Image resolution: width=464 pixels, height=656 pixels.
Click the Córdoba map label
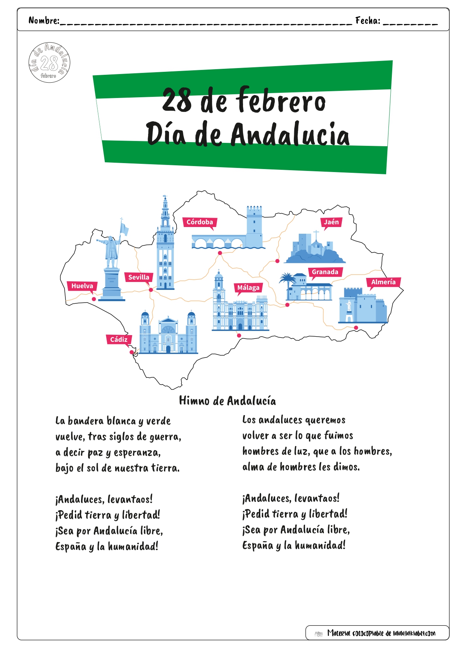click(x=200, y=222)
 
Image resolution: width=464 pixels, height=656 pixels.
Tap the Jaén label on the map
click(x=331, y=222)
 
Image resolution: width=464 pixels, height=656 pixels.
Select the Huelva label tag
click(x=82, y=286)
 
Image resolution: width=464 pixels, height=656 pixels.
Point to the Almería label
click(x=383, y=282)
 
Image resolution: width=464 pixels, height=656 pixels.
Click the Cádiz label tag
click(x=119, y=340)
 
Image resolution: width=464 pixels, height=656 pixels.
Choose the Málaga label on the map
click(x=248, y=288)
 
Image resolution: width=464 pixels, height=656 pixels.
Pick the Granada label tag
click(x=325, y=272)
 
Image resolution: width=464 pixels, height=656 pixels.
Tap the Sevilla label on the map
click(x=139, y=277)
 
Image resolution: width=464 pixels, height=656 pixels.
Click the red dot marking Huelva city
click(x=94, y=299)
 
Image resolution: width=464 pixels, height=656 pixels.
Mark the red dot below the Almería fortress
click(x=356, y=328)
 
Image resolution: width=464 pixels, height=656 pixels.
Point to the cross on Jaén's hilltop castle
click(x=316, y=235)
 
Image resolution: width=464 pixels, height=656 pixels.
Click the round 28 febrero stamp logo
click(x=49, y=62)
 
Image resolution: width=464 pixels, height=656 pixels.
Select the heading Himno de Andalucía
click(x=227, y=401)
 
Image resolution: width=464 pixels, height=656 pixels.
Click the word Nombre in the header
click(x=43, y=21)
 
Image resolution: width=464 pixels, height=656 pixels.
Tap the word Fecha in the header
click(x=368, y=21)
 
